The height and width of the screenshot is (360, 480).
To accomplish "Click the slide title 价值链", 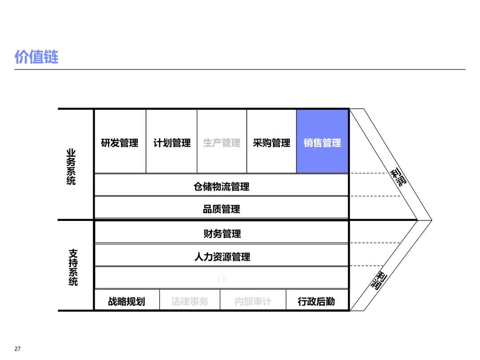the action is pyautogui.click(x=36, y=57).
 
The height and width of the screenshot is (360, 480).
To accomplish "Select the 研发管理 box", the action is pyautogui.click(x=120, y=143).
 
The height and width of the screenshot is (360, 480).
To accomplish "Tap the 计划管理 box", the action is pyautogui.click(x=172, y=143).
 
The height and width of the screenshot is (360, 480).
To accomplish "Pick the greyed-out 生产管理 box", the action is pyautogui.click(x=222, y=143).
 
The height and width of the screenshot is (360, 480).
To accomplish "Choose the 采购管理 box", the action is pyautogui.click(x=272, y=143).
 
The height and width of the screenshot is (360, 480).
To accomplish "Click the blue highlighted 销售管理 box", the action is pyautogui.click(x=322, y=143).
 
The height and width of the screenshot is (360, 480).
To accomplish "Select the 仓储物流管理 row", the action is pyautogui.click(x=221, y=187).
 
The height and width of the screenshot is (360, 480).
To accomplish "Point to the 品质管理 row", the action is pyautogui.click(x=221, y=209).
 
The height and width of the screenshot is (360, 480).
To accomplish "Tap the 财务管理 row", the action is pyautogui.click(x=221, y=233).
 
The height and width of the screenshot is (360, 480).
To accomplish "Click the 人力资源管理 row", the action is pyautogui.click(x=221, y=256).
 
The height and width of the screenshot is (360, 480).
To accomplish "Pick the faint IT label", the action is pyautogui.click(x=222, y=279).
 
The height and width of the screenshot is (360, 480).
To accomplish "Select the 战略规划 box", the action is pyautogui.click(x=127, y=301).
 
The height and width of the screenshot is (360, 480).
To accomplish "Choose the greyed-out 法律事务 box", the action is pyautogui.click(x=189, y=301).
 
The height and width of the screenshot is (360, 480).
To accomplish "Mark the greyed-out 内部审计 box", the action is pyautogui.click(x=253, y=301).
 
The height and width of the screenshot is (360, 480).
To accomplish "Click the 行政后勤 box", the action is pyautogui.click(x=316, y=301).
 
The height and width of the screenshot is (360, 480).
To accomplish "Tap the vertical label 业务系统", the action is pyautogui.click(x=71, y=167).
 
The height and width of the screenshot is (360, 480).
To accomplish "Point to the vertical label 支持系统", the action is pyautogui.click(x=73, y=267).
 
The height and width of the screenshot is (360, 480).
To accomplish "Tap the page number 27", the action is pyautogui.click(x=18, y=349).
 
